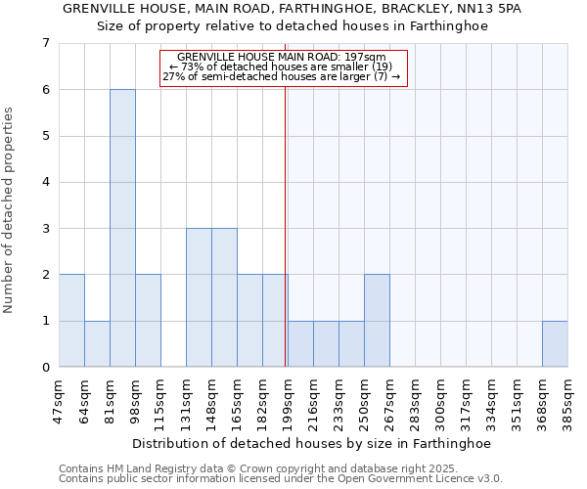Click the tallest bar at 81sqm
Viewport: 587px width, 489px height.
pos(122,228)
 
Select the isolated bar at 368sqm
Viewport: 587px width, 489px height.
pos(555,344)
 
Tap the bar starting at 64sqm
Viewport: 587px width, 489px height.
pos(97,344)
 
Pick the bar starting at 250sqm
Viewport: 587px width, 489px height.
pos(377,321)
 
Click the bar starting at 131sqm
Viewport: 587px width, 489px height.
pos(199,297)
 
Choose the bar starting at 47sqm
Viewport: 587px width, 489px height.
pos(71,321)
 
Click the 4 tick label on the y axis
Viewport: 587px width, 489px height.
pos(45,183)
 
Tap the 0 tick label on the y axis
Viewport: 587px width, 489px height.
pos(45,368)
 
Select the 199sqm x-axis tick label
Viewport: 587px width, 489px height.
pos(288,399)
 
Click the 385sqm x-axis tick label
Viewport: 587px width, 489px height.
pos(567,399)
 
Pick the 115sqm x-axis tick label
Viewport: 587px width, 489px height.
pos(160,399)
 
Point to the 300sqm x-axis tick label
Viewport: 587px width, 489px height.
pos(440,399)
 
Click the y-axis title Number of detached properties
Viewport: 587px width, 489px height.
pos(10,210)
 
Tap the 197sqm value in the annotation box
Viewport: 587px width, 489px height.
pos(366,57)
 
